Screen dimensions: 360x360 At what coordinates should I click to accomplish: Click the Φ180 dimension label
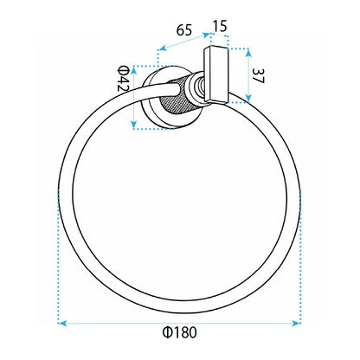pyautogui.click(x=179, y=332)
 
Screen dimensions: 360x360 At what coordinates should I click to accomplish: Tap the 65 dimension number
pyautogui.click(x=184, y=30)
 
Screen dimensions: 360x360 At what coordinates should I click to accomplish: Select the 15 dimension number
pyautogui.click(x=220, y=26)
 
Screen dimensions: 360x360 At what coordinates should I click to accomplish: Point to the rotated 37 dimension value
pyautogui.click(x=258, y=76)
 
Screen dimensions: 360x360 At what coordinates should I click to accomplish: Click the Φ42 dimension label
pyautogui.click(x=123, y=79)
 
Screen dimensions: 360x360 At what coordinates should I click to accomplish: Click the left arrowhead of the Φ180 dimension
pyautogui.click(x=61, y=323)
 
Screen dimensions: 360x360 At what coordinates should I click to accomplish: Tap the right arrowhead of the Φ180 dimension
pyautogui.click(x=297, y=323)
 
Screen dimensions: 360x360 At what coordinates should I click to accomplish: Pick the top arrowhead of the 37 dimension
pyautogui.click(x=248, y=53)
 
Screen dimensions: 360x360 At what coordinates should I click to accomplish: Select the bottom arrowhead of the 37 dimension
pyautogui.click(x=248, y=98)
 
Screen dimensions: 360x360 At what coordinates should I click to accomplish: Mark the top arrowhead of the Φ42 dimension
pyautogui.click(x=133, y=70)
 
